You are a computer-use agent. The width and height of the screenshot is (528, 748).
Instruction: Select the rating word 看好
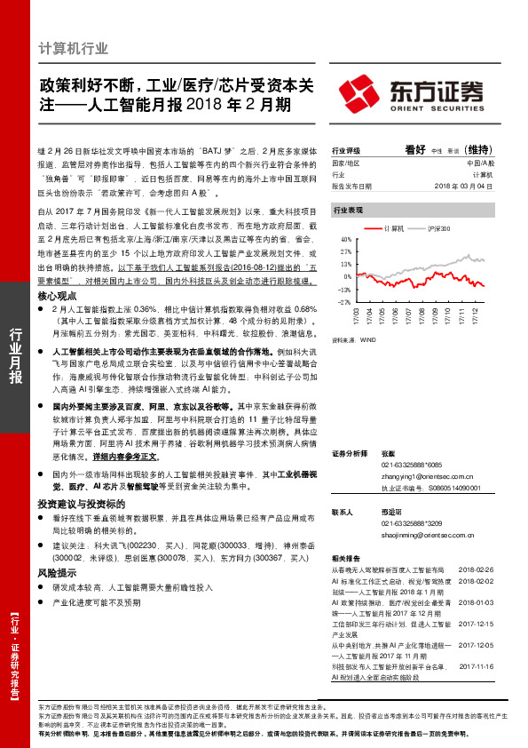coord(416,150)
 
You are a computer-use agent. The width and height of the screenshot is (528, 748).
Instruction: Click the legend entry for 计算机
coord(395,229)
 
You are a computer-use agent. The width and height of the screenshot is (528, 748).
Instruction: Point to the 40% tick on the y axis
coord(345,240)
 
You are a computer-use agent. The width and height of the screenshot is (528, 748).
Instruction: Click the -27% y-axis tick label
coord(344,302)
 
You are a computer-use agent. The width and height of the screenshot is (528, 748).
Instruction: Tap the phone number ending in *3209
coord(410,523)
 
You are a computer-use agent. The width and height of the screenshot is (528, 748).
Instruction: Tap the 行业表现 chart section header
coord(347,211)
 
